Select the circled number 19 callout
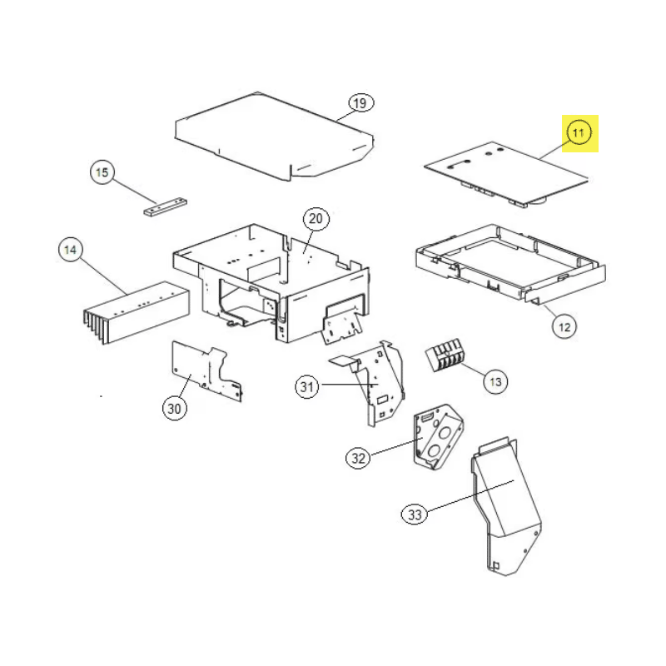[359, 103]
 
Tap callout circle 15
[102, 173]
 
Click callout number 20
[315, 220]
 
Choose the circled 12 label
[564, 327]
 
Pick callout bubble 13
[496, 382]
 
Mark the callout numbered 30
[174, 408]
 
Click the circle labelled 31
[308, 386]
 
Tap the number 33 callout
[415, 514]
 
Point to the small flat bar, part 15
[164, 206]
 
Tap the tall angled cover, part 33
[504, 508]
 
